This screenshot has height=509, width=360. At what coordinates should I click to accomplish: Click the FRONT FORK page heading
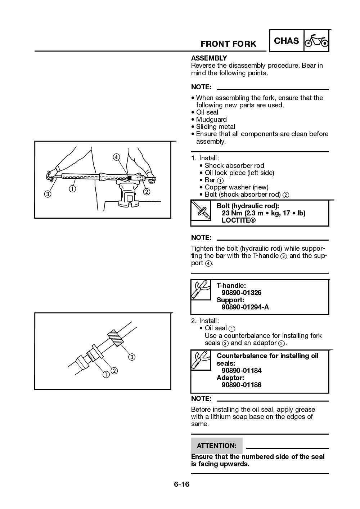(x=228, y=44)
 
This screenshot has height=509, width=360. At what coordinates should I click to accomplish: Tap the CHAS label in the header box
(x=286, y=41)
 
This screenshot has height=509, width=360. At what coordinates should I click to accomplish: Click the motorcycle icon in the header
(x=316, y=41)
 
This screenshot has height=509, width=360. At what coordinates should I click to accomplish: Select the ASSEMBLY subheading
(x=209, y=58)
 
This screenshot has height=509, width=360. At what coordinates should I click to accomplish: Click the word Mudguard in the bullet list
(x=211, y=119)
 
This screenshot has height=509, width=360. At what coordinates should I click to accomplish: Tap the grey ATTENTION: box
(x=217, y=446)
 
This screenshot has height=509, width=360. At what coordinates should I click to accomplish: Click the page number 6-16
(x=181, y=484)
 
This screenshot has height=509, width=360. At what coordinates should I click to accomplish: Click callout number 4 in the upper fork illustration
(x=116, y=157)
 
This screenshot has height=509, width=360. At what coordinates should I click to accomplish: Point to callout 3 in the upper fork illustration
(x=48, y=194)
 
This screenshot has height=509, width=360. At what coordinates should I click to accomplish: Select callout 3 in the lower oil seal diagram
(x=132, y=357)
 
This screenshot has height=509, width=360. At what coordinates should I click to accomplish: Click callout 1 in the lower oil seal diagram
(x=106, y=375)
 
